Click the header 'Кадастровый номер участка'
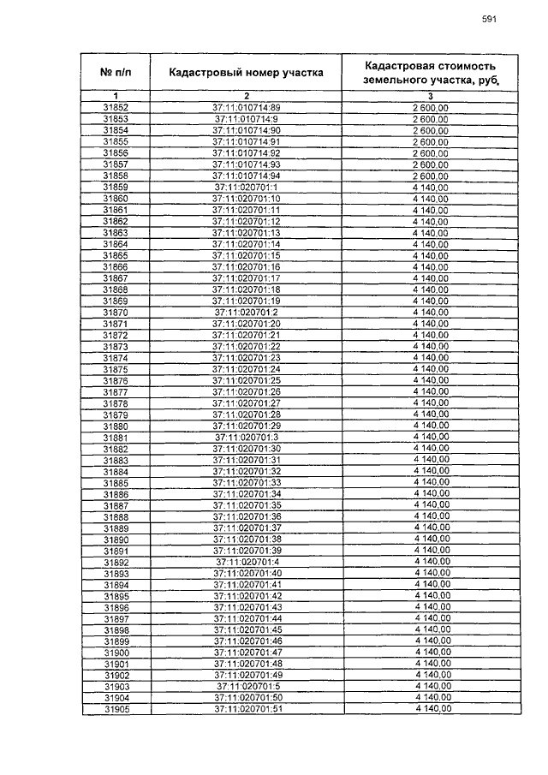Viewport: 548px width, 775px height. pos(246,73)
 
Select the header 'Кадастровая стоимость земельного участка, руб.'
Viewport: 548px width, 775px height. pos(429,73)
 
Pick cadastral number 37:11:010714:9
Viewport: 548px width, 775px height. pos(247,118)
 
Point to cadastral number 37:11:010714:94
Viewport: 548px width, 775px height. pos(247,175)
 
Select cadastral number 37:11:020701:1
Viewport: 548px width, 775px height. pos(247,187)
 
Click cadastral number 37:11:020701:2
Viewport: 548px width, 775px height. pos(247,312)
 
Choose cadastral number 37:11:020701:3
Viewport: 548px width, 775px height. pos(247,437)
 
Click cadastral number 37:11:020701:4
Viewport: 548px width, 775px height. pos(247,562)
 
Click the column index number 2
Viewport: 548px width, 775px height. pos(246,94)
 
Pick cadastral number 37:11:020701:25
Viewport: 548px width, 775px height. pos(247,379)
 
